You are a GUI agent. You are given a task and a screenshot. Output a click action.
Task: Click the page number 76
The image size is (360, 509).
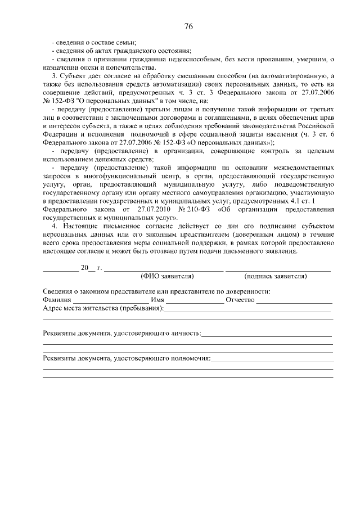point(188,27)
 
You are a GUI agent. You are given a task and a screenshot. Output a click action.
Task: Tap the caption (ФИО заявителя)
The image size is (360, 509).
point(167,276)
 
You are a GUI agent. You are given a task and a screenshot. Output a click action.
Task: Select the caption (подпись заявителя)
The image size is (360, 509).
point(276,276)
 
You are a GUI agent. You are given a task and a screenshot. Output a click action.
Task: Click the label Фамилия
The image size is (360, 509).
point(57,300)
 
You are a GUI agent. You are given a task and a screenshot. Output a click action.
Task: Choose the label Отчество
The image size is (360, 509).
point(240,300)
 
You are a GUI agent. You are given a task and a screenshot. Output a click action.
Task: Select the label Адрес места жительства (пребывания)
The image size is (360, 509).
point(103,308)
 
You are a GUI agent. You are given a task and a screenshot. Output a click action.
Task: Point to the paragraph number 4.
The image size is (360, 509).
point(53,226)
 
